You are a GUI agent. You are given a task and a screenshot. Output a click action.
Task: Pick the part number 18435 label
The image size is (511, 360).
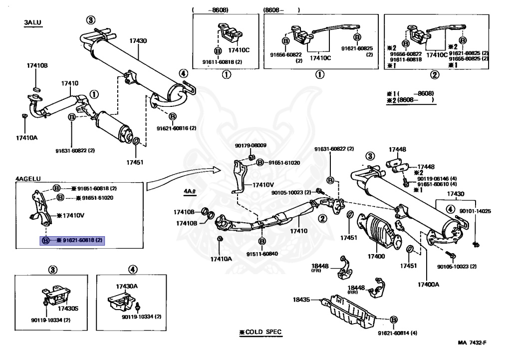[301, 300]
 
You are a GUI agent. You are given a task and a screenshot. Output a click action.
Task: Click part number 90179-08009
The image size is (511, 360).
[251, 145]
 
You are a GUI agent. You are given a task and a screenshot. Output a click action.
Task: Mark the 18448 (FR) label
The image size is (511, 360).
[320, 268]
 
